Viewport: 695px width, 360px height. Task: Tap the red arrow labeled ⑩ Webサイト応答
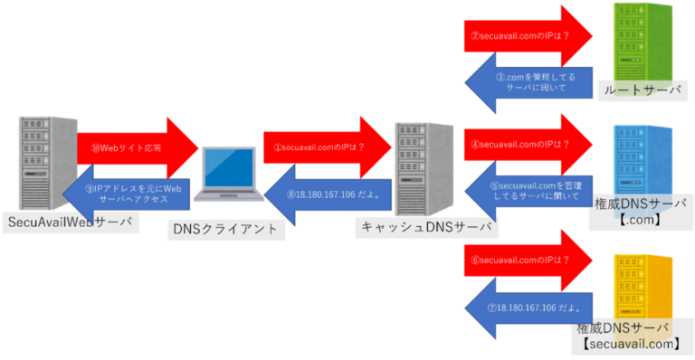[136, 145]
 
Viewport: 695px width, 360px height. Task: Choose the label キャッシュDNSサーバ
[425, 229]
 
